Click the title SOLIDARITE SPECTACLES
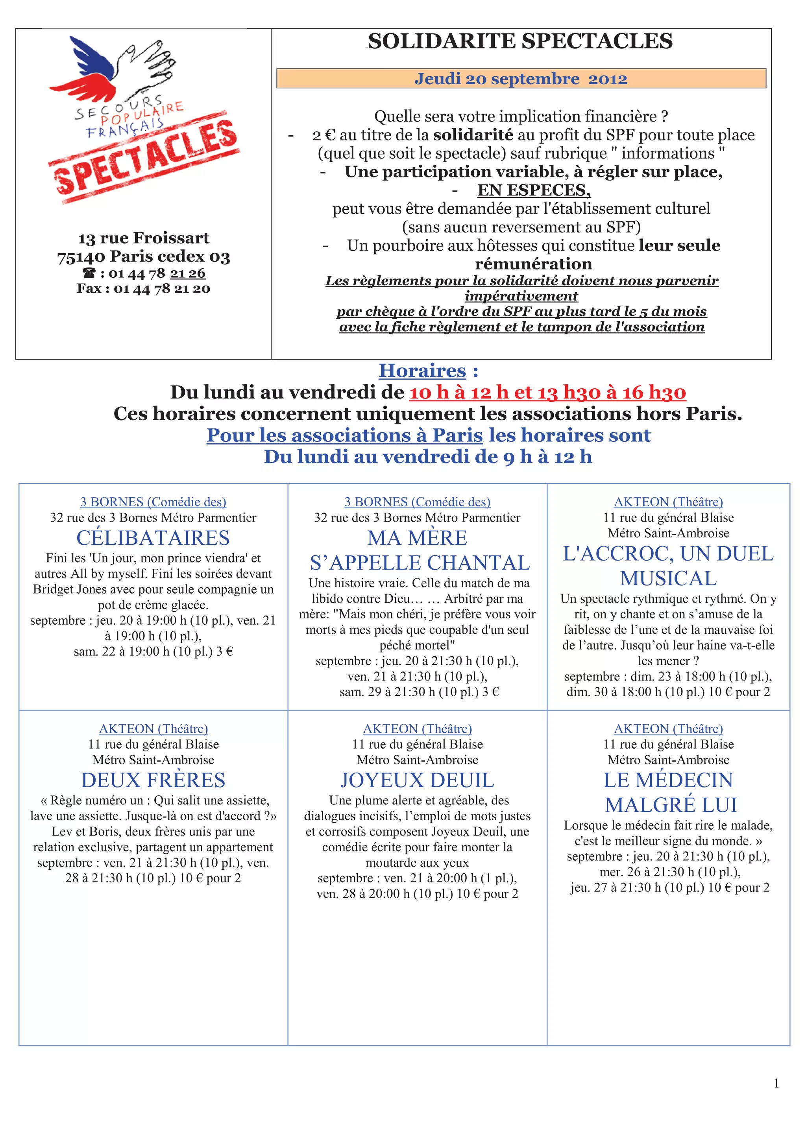click(520, 41)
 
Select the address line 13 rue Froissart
click(144, 238)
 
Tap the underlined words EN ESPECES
click(534, 190)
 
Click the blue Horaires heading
click(422, 371)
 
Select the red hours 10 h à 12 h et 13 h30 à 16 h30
click(547, 393)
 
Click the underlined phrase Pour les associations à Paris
click(345, 435)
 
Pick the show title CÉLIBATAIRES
click(153, 538)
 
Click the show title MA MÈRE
click(417, 538)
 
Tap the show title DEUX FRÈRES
click(153, 780)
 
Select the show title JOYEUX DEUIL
click(417, 780)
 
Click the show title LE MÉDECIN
click(668, 780)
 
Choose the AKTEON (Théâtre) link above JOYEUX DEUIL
click(417, 729)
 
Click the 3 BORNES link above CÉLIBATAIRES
click(153, 502)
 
